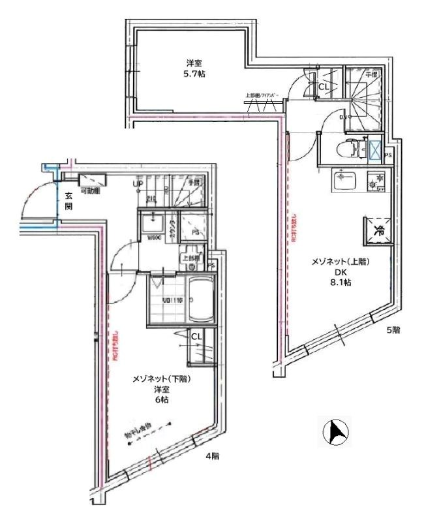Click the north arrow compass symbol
(336, 432)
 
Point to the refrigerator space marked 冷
(378, 229)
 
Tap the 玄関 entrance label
(68, 200)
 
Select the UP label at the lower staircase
(138, 185)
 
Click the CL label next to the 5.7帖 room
(324, 85)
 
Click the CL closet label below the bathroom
(195, 336)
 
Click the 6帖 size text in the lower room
(161, 400)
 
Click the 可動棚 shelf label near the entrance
(89, 191)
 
